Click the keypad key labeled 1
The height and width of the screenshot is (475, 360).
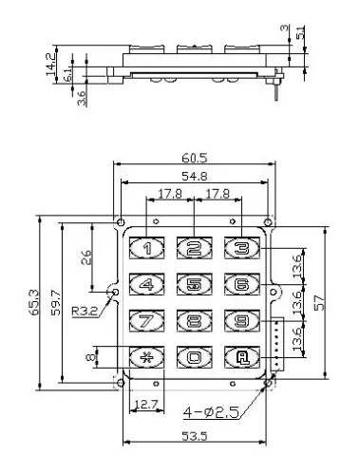[146, 249]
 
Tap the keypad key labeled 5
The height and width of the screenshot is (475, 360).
[194, 283]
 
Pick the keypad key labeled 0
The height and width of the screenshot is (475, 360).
[194, 358]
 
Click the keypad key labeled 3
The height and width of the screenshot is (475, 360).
[241, 249]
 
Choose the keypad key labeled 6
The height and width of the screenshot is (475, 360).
[241, 283]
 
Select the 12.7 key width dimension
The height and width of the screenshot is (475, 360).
[143, 404]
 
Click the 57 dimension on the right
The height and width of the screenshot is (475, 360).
[330, 302]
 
